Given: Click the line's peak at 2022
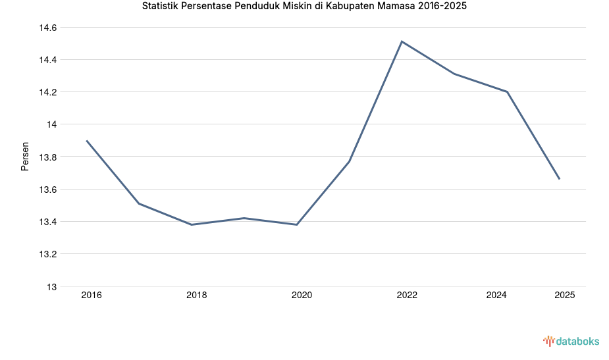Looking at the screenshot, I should (x=402, y=41).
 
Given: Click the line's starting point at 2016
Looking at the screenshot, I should (x=86, y=140).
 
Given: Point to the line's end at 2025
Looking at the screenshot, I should (x=560, y=179).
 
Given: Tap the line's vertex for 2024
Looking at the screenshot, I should (x=507, y=91).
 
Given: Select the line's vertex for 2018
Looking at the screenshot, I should (x=192, y=224).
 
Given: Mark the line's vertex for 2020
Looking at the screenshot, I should (x=297, y=224).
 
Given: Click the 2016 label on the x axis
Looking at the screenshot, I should (x=92, y=296).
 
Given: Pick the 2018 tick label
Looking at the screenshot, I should (x=196, y=296).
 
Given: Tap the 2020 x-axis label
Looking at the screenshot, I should (x=302, y=296).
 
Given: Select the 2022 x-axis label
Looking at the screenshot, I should (x=407, y=296).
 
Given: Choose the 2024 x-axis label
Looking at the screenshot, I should (x=496, y=296).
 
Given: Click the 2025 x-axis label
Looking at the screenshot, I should (x=564, y=296).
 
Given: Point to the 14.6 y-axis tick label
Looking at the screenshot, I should (x=48, y=28).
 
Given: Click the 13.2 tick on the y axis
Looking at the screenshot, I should (x=48, y=254).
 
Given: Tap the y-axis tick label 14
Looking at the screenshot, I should (x=52, y=124).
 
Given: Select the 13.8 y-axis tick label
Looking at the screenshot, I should (x=48, y=157).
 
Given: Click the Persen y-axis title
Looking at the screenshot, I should (x=25, y=157).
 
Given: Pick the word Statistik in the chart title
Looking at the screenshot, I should (x=162, y=6).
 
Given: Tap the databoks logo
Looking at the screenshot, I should (x=571, y=341).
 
